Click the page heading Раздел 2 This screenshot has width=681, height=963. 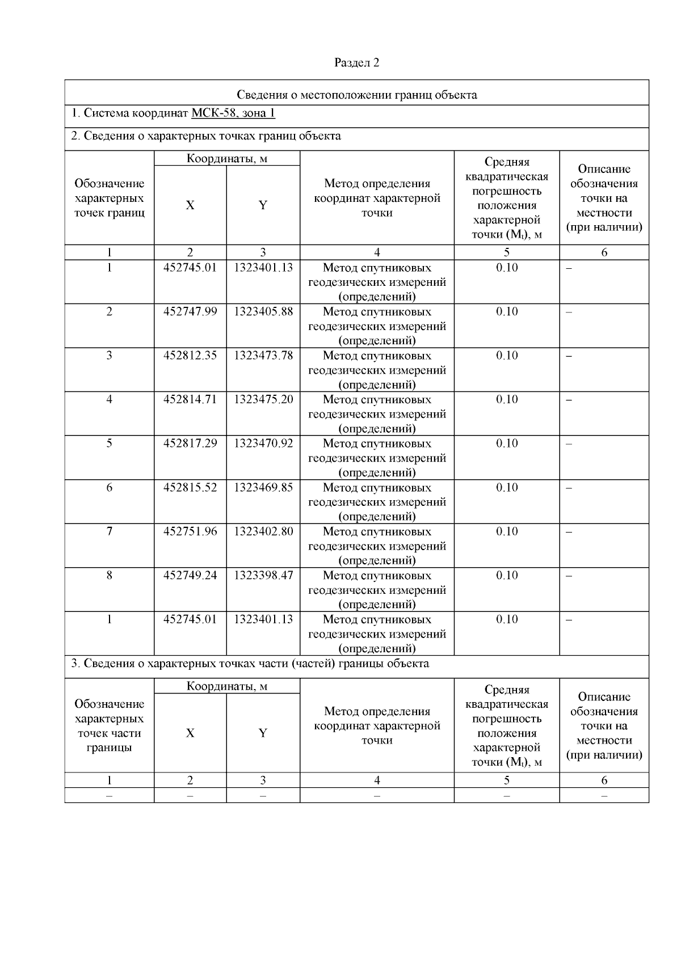click(356, 63)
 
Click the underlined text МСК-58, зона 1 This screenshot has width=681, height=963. click(233, 113)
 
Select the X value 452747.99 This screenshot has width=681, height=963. click(190, 312)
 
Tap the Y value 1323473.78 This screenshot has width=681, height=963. click(263, 356)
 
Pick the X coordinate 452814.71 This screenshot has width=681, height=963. click(190, 400)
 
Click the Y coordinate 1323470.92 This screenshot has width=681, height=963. click(263, 444)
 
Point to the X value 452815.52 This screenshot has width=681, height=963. click(190, 488)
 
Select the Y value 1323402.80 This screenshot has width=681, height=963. click(263, 531)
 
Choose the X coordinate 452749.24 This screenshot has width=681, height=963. click(190, 576)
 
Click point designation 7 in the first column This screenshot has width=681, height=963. click(110, 531)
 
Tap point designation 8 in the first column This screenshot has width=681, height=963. click(110, 576)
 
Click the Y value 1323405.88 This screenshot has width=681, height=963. click(263, 312)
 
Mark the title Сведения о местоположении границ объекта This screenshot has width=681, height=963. click(356, 95)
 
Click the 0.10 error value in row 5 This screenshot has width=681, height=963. click(507, 444)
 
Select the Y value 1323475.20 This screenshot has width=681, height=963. click(263, 400)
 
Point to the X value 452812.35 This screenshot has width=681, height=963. click(190, 356)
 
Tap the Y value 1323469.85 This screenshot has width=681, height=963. click(263, 488)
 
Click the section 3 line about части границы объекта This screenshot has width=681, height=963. click(250, 664)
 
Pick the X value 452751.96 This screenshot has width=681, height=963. click(190, 531)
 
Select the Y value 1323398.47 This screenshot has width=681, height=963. click(263, 576)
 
